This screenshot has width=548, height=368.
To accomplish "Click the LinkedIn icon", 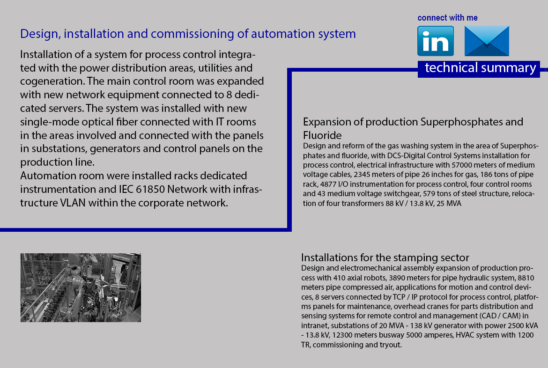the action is click(436, 41).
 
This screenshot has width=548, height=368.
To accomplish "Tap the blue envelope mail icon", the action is click(487, 41).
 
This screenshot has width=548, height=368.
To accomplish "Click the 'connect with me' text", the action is click(447, 18).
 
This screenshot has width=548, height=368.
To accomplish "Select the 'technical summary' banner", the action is click(479, 69).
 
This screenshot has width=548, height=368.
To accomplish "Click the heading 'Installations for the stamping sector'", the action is click(385, 258).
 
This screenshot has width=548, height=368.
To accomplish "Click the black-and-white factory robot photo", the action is click(81, 287).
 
